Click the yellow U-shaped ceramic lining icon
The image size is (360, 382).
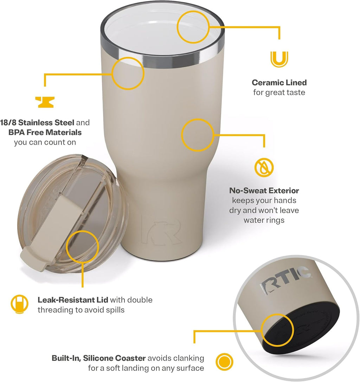point(279,59)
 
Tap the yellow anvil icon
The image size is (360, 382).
point(45,102)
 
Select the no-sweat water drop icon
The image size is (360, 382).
point(264,167)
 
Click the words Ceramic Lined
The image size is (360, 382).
point(279,83)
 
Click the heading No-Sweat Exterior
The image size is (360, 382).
point(264,191)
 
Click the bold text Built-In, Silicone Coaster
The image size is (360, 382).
point(98,358)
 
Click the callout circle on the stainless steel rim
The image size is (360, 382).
point(128,73)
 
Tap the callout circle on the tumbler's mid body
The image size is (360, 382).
point(197,135)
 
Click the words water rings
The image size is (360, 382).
point(264,220)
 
